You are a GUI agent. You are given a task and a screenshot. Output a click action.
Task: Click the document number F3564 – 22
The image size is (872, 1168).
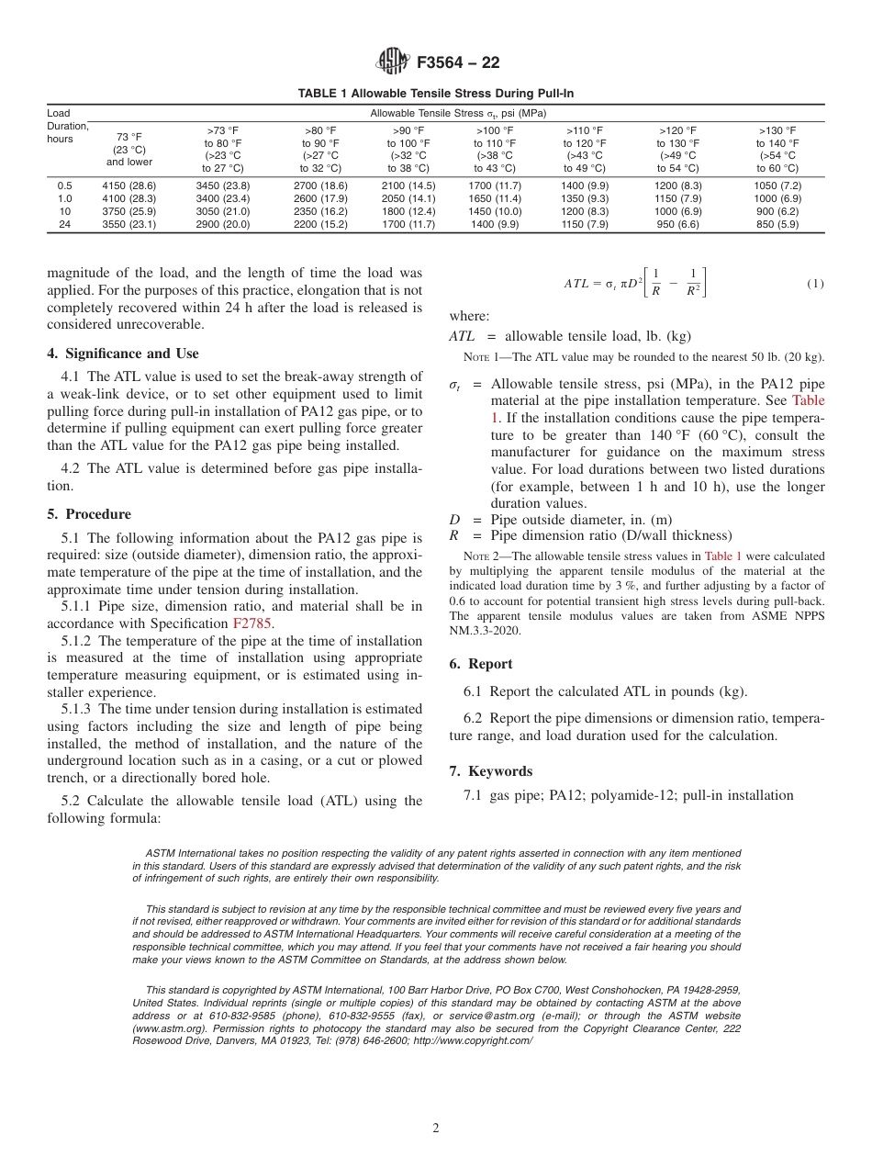458,63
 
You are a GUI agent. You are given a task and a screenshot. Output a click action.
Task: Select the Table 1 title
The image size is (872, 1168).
436,94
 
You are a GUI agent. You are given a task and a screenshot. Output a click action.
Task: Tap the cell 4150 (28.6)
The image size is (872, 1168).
128,185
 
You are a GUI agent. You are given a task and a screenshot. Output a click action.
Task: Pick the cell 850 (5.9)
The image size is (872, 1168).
777,224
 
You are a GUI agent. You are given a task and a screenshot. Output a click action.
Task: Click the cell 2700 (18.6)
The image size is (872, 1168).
319,185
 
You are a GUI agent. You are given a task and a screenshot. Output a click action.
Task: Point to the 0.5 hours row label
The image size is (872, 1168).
64,185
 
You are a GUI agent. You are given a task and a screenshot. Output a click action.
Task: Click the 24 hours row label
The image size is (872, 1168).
64,224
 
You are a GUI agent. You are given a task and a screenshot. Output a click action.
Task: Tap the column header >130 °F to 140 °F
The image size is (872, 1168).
777,150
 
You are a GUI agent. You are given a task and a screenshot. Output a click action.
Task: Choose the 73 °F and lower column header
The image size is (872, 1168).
128,150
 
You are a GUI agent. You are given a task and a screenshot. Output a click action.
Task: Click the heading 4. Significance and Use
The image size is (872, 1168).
122,354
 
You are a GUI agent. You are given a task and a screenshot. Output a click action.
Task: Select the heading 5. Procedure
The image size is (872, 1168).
88,514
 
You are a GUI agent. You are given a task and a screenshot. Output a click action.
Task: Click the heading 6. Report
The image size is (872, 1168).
481,664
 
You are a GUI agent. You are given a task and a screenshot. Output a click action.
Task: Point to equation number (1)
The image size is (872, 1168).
815,284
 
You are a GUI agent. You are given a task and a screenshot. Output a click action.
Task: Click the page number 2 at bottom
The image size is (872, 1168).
436,1129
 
